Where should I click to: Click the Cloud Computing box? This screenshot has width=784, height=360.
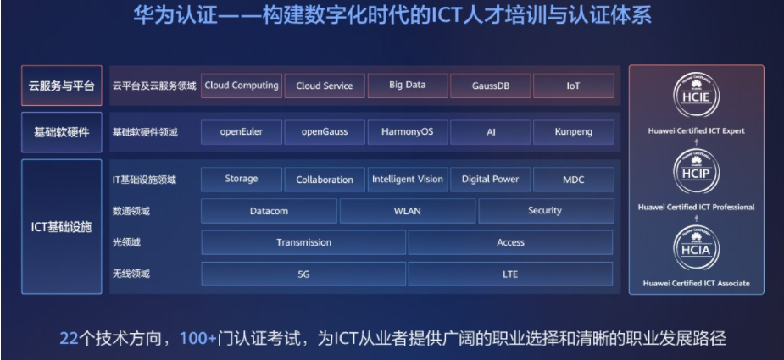click(242, 86)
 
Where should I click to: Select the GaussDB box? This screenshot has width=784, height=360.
click(491, 86)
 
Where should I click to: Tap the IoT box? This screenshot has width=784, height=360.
click(574, 86)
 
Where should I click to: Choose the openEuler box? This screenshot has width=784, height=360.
click(242, 132)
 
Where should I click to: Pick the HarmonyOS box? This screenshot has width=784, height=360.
click(408, 132)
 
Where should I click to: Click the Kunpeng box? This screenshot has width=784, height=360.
click(574, 132)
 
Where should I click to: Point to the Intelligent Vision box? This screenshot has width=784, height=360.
click(408, 180)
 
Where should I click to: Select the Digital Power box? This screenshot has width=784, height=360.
click(491, 180)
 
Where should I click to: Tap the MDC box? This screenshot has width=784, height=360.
click(574, 180)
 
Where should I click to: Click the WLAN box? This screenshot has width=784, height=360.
click(408, 211)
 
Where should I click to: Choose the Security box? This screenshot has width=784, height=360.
click(546, 211)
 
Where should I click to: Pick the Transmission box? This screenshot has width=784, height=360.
click(303, 242)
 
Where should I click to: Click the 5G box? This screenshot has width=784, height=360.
click(303, 274)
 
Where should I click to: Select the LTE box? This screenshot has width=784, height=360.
click(510, 274)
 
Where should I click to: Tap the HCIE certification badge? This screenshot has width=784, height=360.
click(697, 95)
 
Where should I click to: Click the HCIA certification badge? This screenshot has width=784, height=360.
click(697, 248)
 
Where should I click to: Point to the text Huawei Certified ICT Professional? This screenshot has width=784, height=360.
click(697, 207)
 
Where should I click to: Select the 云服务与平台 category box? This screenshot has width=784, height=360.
click(62, 86)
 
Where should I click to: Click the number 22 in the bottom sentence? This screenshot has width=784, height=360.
click(69, 339)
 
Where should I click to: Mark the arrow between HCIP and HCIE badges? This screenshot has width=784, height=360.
click(697, 142)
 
